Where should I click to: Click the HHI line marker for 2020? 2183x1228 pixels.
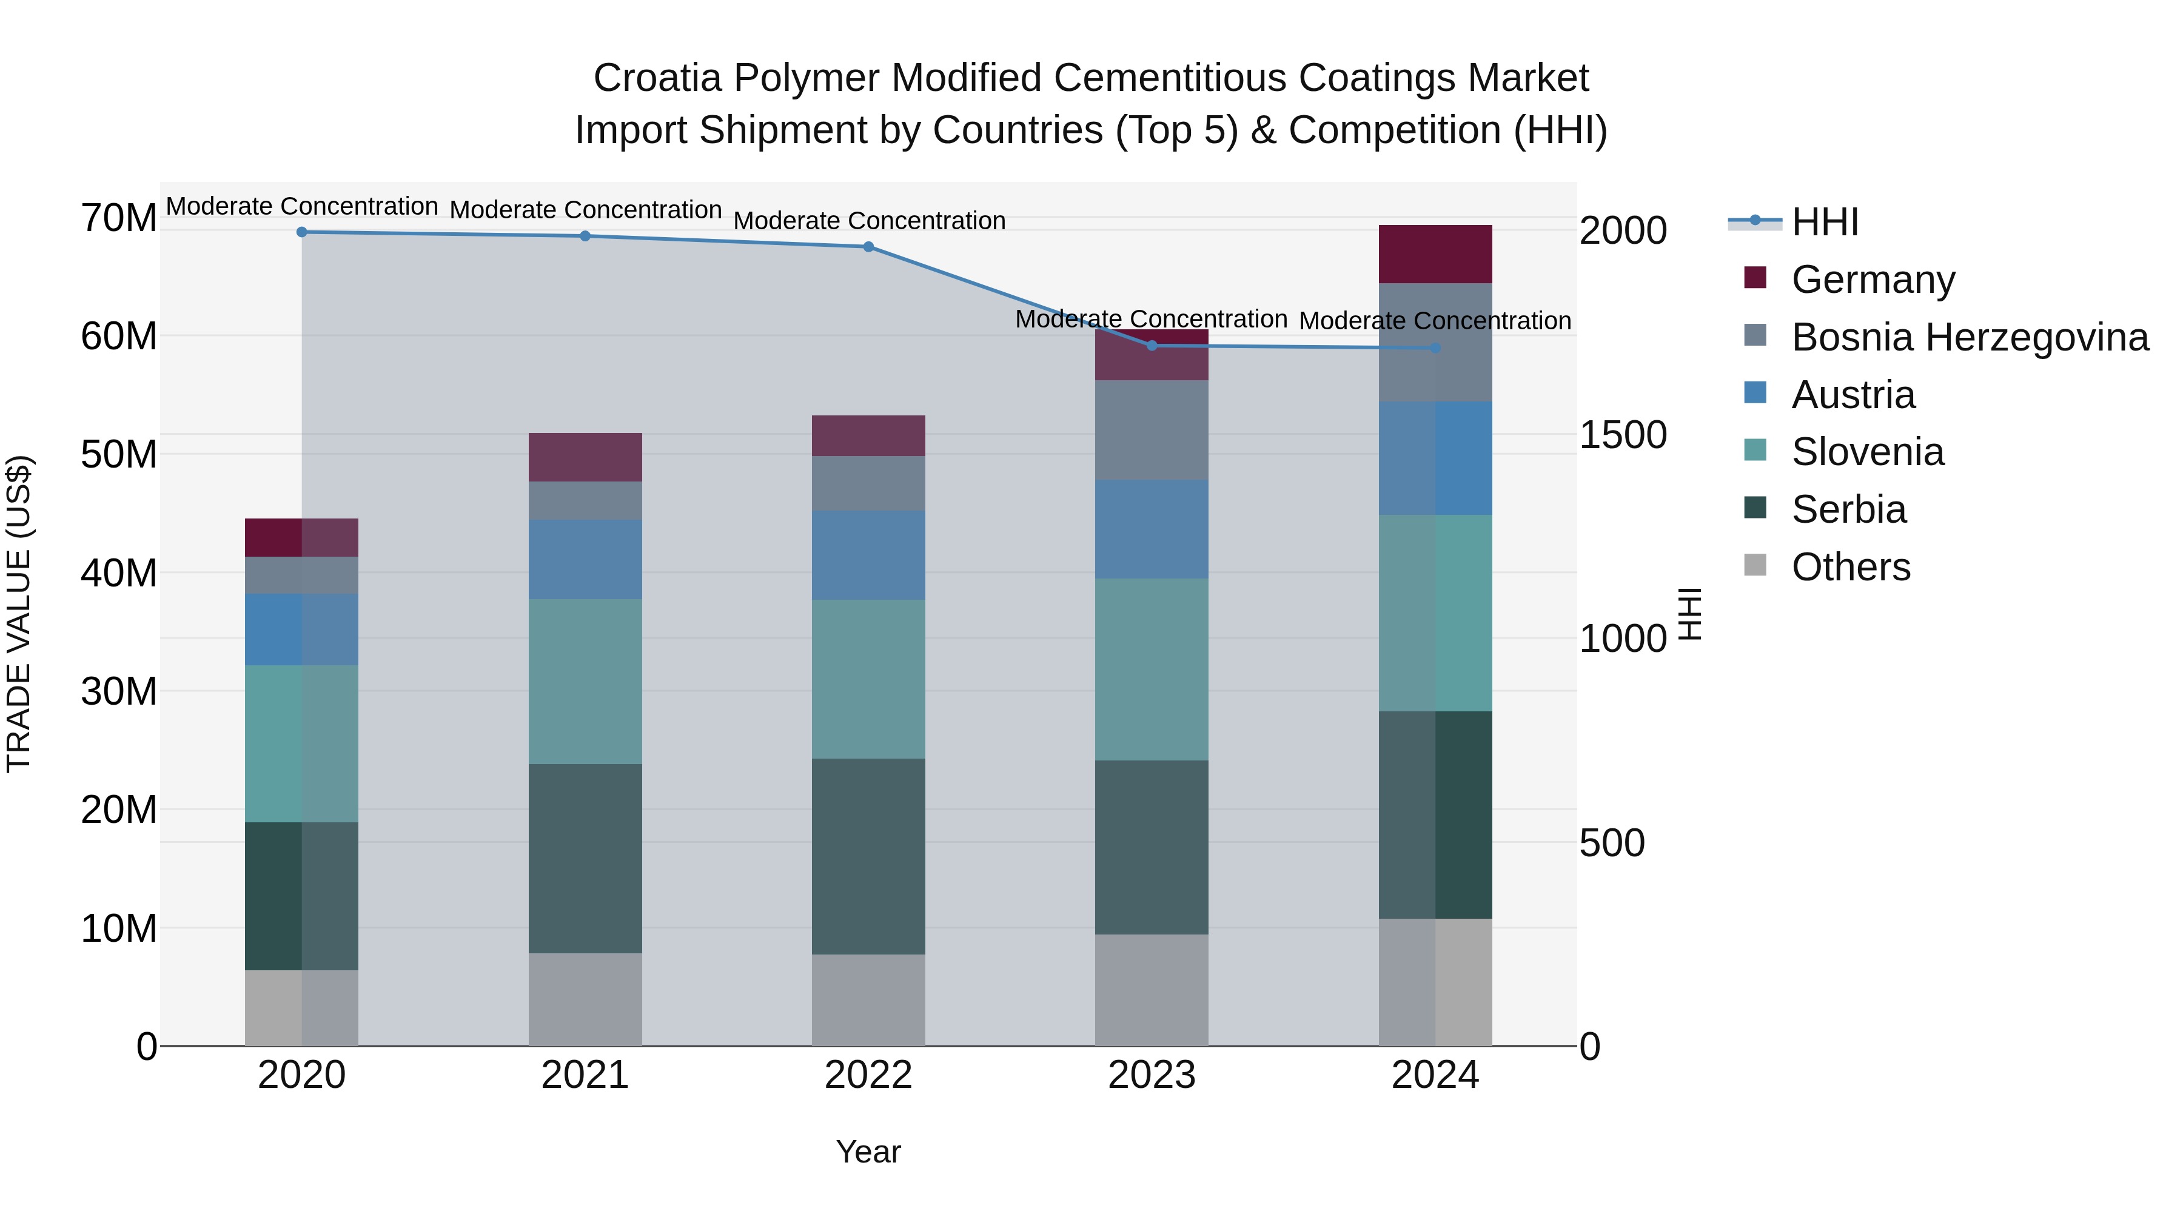pyautogui.click(x=302, y=232)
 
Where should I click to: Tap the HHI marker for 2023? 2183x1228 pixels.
pyautogui.click(x=1152, y=346)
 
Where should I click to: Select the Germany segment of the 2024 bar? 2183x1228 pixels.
pyautogui.click(x=1435, y=254)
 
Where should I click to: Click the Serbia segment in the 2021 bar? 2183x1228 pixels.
pyautogui.click(x=585, y=859)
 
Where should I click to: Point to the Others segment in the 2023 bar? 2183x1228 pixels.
pyautogui.click(x=1152, y=990)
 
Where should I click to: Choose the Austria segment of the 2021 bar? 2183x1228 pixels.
pyautogui.click(x=585, y=559)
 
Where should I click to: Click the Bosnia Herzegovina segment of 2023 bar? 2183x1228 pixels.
pyautogui.click(x=1152, y=431)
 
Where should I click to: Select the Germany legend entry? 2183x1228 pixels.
pyautogui.click(x=1873, y=280)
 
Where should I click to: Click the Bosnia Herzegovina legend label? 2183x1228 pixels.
pyautogui.click(x=1970, y=337)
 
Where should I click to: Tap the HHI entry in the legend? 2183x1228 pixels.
pyautogui.click(x=1825, y=222)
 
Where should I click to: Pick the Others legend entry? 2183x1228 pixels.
pyautogui.click(x=1851, y=567)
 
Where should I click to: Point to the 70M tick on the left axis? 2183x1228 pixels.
pyautogui.click(x=119, y=218)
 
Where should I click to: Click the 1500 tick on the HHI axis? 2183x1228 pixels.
pyautogui.click(x=1623, y=435)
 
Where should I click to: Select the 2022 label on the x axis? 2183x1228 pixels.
pyautogui.click(x=868, y=1075)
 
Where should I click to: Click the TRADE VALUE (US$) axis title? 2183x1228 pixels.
pyautogui.click(x=19, y=614)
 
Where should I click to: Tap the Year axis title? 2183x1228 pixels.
pyautogui.click(x=868, y=1152)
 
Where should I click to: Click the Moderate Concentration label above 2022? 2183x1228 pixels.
pyautogui.click(x=868, y=220)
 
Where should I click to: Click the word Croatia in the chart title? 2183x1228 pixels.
pyautogui.click(x=659, y=78)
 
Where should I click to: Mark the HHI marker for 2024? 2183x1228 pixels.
pyautogui.click(x=1435, y=347)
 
